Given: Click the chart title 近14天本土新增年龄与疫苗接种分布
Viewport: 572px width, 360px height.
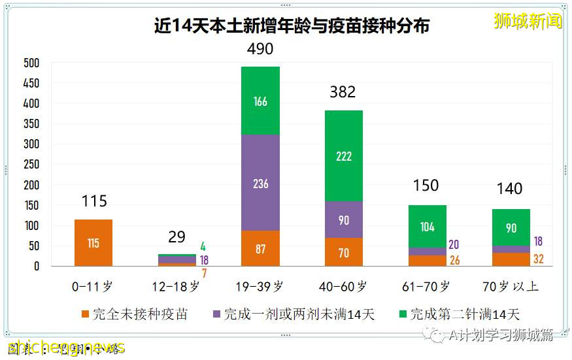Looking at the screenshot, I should (292, 26).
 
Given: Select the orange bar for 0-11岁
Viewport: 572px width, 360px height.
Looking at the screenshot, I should (93, 243).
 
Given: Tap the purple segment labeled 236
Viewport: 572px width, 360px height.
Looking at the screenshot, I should (260, 183).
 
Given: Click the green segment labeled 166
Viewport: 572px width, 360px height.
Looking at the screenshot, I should (260, 101).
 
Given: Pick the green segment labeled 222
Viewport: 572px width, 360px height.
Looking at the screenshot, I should (343, 155).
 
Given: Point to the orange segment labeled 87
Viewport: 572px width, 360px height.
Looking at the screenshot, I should (260, 249).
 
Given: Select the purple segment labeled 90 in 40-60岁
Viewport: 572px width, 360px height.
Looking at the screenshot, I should (343, 220).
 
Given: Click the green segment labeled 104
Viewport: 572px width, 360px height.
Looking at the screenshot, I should (427, 227).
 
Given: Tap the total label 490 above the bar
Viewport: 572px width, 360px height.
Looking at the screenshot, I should (260, 49).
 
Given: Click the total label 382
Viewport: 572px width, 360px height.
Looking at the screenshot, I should (343, 92).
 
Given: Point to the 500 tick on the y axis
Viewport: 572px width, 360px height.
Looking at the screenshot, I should (31, 63).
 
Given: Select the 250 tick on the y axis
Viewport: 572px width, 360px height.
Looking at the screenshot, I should (31, 165).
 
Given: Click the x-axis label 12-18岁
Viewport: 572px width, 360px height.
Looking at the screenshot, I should (177, 286).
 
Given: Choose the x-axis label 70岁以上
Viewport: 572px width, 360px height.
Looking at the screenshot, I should (510, 286).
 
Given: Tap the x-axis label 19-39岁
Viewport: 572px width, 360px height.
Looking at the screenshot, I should (260, 286).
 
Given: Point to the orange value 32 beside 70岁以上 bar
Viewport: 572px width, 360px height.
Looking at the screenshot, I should (538, 259).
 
